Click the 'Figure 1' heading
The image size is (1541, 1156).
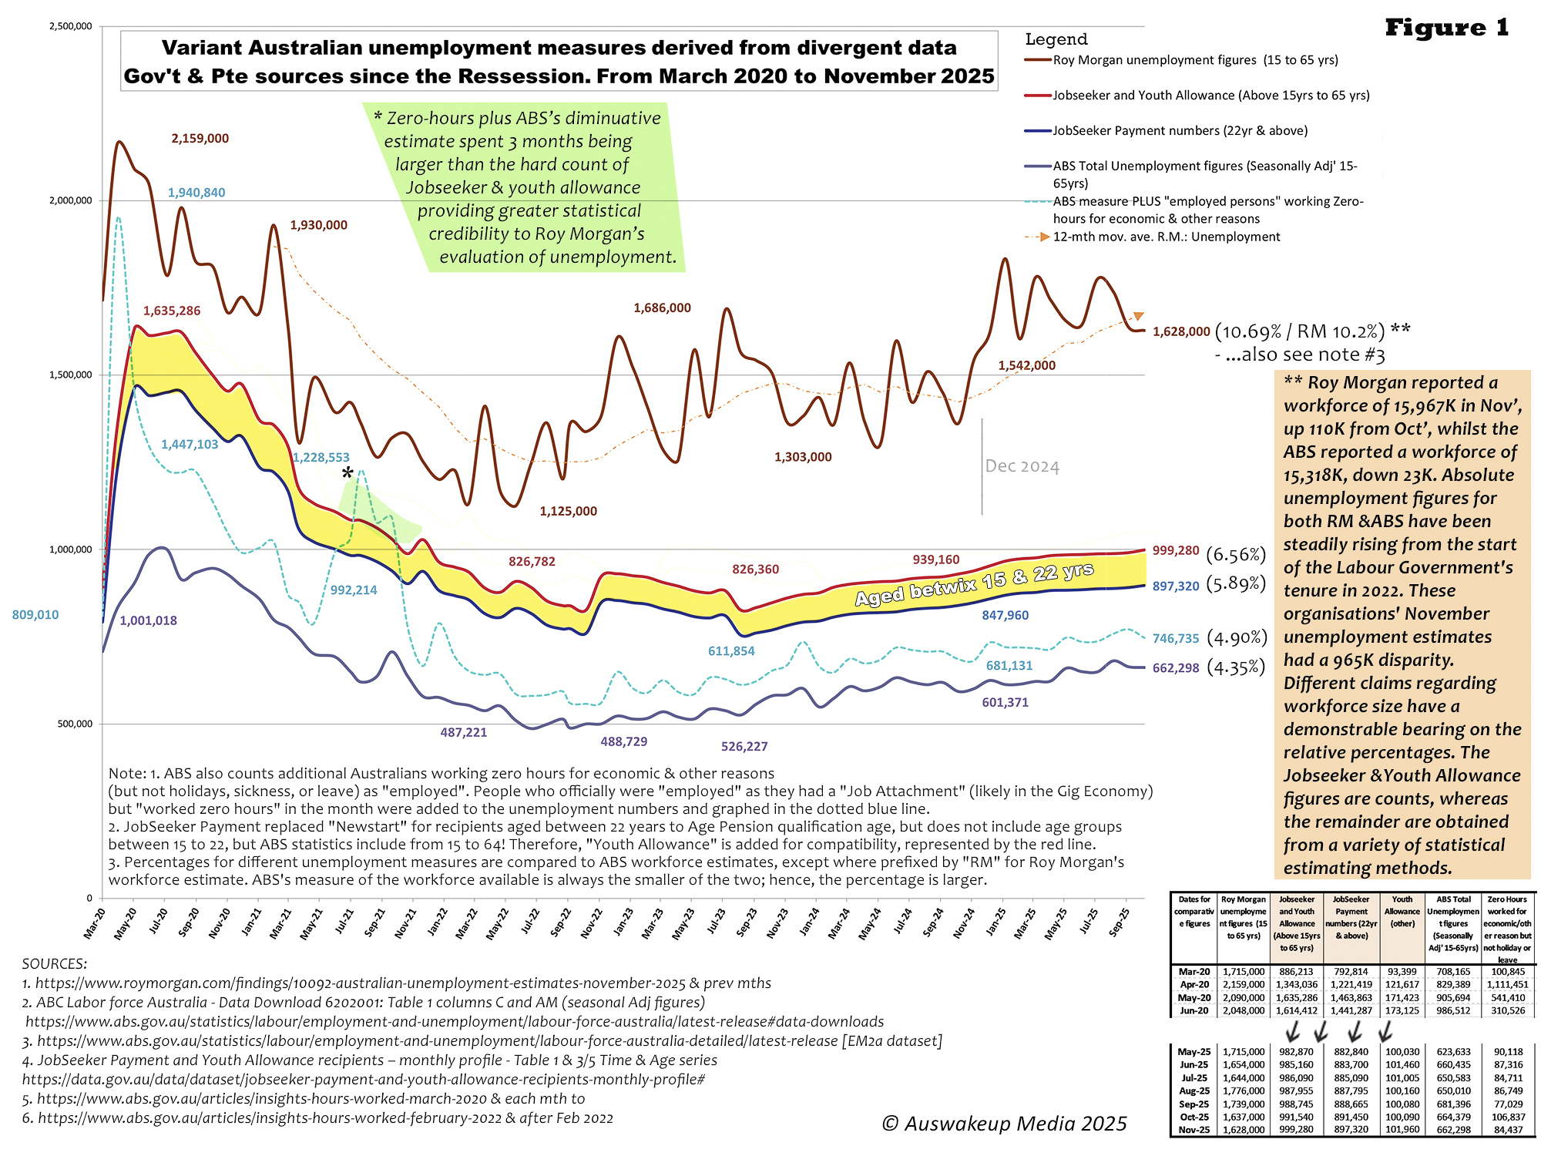click(x=1446, y=28)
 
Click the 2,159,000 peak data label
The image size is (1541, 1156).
click(x=200, y=139)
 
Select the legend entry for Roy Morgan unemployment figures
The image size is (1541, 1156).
click(x=1195, y=60)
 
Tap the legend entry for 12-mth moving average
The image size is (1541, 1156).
click(x=1166, y=237)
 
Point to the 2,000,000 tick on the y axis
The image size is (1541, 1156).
click(x=71, y=200)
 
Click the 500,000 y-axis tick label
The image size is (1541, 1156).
click(x=75, y=724)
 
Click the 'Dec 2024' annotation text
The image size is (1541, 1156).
click(x=1022, y=466)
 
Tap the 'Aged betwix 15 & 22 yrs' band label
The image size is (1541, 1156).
click(x=974, y=584)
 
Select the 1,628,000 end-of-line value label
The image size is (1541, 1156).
click(x=1180, y=331)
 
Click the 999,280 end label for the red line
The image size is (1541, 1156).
click(x=1176, y=551)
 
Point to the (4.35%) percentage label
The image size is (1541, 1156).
click(x=1236, y=667)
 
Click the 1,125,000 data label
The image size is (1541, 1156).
click(x=568, y=511)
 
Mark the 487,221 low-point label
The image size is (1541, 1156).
click(x=463, y=732)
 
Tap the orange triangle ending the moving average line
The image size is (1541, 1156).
click(x=1138, y=316)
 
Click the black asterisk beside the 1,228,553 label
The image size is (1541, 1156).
click(x=347, y=473)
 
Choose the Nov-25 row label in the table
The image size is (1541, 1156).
click(x=1194, y=1130)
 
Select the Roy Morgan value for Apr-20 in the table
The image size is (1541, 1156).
click(x=1243, y=984)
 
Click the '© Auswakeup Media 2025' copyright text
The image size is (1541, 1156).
click(x=1003, y=1124)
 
